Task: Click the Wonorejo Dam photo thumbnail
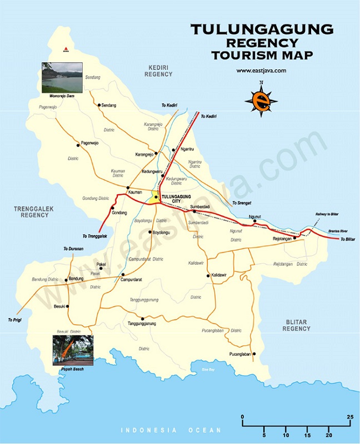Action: pyautogui.click(x=62, y=77)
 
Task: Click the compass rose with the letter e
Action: pyautogui.click(x=260, y=100)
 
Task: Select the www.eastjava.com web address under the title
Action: pyautogui.click(x=261, y=70)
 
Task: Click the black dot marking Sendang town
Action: pyautogui.click(x=99, y=105)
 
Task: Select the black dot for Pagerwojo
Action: pyautogui.click(x=78, y=145)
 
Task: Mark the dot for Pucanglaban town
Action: pyautogui.click(x=254, y=354)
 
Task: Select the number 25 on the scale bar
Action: pyautogui.click(x=350, y=416)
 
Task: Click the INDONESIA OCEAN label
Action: pyautogui.click(x=171, y=431)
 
